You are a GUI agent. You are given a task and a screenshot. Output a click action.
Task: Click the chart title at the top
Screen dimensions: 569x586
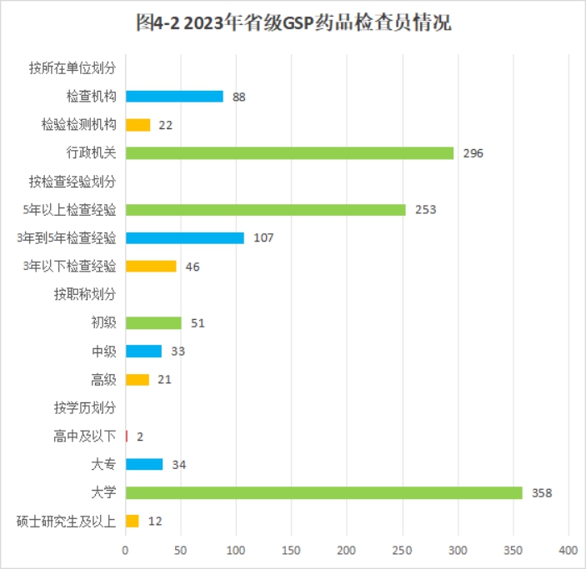coord(293,23)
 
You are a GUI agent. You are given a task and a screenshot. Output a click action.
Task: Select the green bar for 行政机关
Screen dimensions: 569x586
coord(289,153)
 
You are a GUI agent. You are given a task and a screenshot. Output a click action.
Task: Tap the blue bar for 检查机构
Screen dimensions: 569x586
coord(174,97)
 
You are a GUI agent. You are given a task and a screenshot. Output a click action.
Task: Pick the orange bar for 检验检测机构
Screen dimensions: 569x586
coord(138,125)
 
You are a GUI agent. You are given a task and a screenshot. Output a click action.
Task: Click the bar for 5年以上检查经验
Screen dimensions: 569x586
coord(265,210)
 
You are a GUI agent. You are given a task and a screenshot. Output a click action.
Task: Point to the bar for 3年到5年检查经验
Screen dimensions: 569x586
coord(184,238)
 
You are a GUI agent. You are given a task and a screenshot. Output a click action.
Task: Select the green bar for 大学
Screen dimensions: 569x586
coord(323,492)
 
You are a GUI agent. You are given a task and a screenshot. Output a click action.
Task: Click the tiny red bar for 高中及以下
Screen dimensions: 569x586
coord(127,436)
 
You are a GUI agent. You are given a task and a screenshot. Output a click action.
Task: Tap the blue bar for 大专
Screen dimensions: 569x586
coord(143,464)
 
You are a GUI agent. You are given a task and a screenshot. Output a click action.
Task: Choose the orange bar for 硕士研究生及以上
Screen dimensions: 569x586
coord(132,521)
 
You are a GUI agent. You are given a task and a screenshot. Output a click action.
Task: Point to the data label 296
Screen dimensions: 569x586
coord(473,153)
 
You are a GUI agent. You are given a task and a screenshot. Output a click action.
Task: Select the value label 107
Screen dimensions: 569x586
coord(263,238)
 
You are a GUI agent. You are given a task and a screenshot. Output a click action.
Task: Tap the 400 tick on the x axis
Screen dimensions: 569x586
coord(568,550)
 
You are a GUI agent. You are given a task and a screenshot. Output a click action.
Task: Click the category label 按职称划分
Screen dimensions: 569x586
coord(84,294)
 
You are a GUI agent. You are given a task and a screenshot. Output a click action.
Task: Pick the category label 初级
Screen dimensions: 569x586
coord(103,322)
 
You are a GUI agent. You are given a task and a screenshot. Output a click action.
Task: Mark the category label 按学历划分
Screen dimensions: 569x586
coord(84,407)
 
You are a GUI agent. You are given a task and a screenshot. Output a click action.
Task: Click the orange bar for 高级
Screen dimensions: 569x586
coord(137,379)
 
